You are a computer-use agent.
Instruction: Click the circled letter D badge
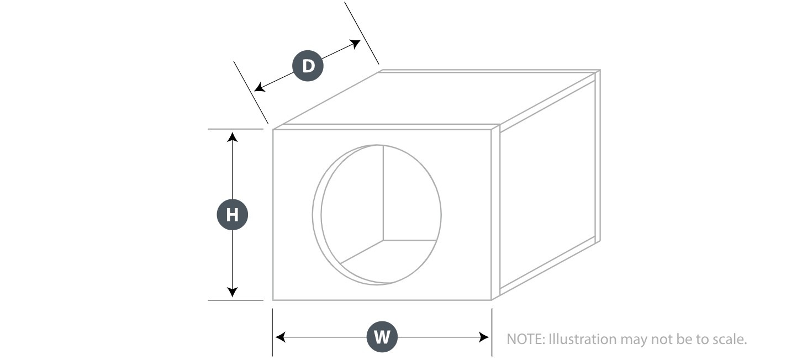(x=308, y=66)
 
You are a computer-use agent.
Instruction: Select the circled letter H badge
(x=233, y=214)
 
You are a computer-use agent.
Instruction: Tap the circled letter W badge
(x=382, y=337)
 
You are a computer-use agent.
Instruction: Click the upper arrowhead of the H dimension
(x=233, y=137)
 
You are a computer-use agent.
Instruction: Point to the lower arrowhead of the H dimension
(x=233, y=292)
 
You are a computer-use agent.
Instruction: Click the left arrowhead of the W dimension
(x=281, y=337)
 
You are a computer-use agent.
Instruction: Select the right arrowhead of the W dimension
(x=484, y=337)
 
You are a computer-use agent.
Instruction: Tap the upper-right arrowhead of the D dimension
(x=355, y=44)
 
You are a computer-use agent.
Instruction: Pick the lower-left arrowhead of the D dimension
(x=260, y=87)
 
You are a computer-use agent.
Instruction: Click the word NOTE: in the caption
(x=526, y=339)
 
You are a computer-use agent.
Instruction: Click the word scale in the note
(x=727, y=340)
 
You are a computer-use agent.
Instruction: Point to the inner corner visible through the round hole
(x=383, y=240)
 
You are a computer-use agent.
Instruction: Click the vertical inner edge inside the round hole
(x=383, y=193)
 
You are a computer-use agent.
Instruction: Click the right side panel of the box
(x=548, y=185)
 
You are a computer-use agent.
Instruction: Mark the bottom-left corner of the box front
(x=273, y=300)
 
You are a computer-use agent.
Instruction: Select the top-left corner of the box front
(x=273, y=129)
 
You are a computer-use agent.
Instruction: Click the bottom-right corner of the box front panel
(x=492, y=300)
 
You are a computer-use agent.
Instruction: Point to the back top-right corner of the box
(x=600, y=70)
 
